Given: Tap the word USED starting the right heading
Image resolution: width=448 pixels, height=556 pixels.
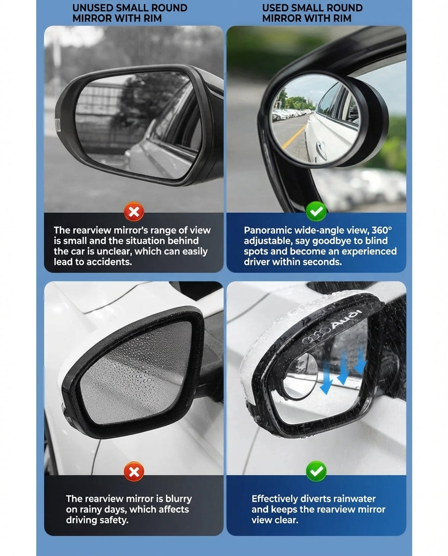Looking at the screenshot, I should pos(276,8).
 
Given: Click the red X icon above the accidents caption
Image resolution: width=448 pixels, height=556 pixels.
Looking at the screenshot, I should pos(134,211).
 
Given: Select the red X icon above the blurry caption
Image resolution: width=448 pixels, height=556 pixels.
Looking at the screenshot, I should pos(134,471).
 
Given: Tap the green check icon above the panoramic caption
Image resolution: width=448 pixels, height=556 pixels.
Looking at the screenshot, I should pos(316,211).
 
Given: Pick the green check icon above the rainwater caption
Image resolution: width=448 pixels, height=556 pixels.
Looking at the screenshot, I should pos(316,471).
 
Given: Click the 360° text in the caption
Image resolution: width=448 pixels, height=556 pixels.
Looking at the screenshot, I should pos(382,230).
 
